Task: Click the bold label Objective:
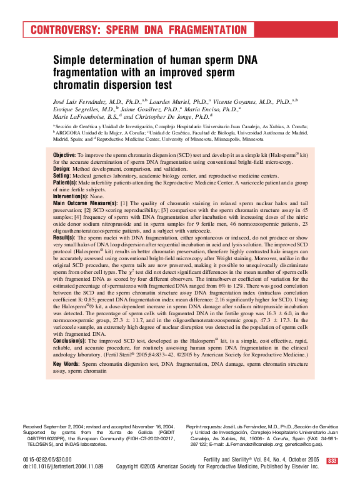[x=65, y=154]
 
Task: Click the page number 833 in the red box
[x=332, y=461]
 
